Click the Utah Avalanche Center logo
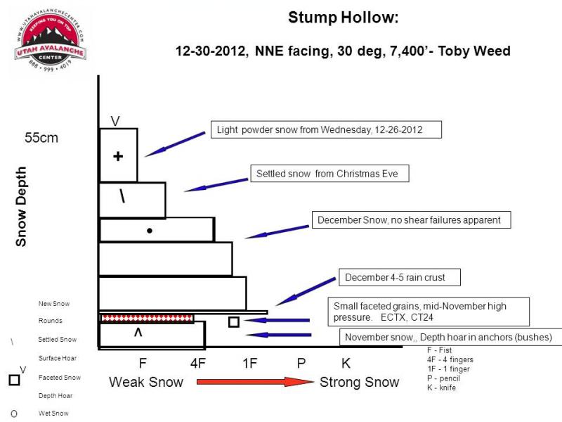tap(50, 39)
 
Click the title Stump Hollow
tap(343, 18)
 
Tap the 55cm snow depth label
tap(41, 138)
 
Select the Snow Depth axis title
tap(21, 206)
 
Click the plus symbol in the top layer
tap(118, 156)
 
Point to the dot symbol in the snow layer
tap(150, 231)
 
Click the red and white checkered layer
tap(148, 318)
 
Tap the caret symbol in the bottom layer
tap(138, 333)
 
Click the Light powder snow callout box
tap(326, 129)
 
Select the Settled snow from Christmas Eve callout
tap(329, 174)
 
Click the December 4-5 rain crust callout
tap(400, 277)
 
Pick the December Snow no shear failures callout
tap(412, 219)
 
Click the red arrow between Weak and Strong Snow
tap(255, 381)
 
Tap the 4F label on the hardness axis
tap(198, 364)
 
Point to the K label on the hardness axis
tap(346, 364)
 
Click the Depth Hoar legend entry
tap(55, 396)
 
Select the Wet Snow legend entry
tap(53, 414)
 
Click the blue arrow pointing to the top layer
tap(175, 144)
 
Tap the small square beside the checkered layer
tap(234, 322)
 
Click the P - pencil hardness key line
tap(443, 378)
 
